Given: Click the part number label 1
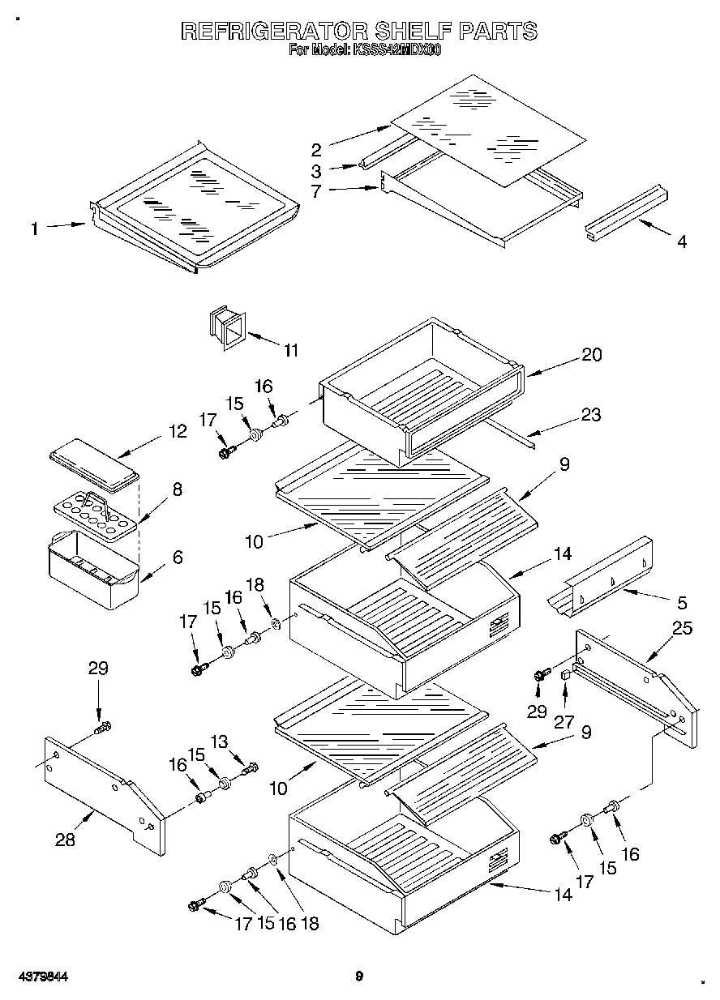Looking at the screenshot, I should [x=34, y=229].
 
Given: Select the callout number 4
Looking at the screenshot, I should [x=681, y=241].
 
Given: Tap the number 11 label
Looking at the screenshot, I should [x=290, y=350].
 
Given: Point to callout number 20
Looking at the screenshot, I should [x=592, y=354].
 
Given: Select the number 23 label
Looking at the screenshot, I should [x=591, y=415].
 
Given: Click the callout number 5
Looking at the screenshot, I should [x=681, y=602].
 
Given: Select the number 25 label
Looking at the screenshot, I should [x=684, y=628].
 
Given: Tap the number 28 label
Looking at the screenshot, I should [x=65, y=840].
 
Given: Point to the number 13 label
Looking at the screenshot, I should [x=242, y=740].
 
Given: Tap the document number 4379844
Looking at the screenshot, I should [x=41, y=976].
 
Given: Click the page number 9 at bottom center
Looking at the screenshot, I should [x=359, y=976].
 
